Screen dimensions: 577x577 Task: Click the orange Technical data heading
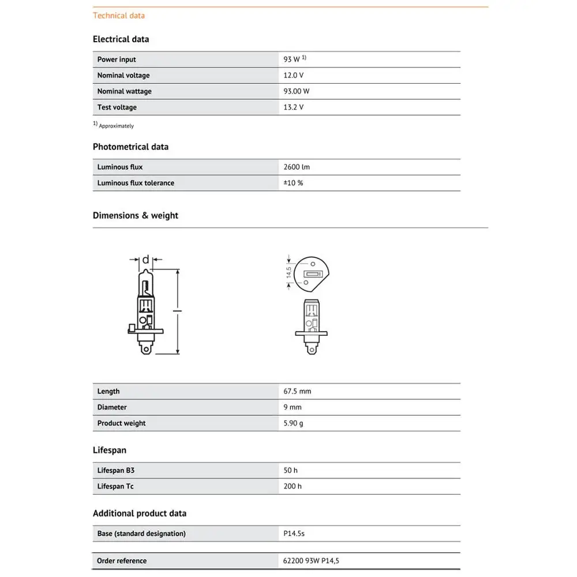click(119, 16)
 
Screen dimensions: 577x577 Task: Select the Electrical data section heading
click(121, 39)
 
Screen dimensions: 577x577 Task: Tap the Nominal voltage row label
click(123, 76)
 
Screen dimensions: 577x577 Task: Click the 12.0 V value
click(293, 76)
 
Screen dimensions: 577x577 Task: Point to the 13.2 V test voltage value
click(293, 107)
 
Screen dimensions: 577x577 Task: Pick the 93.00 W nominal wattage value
click(297, 91)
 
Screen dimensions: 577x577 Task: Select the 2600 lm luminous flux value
click(297, 167)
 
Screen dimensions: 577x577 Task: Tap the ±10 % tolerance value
click(293, 183)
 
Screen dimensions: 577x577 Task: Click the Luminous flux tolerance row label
click(136, 183)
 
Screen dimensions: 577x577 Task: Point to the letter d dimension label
click(145, 259)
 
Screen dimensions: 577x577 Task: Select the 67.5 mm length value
click(297, 391)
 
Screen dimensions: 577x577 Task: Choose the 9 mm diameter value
click(293, 407)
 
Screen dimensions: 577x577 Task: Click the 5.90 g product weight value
click(293, 424)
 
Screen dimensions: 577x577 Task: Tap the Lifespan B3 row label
click(116, 471)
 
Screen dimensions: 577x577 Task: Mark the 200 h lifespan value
click(293, 486)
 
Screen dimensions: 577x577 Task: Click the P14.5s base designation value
click(294, 534)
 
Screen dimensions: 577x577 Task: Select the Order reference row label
click(122, 561)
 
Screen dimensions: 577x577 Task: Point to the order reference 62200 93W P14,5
click(315, 561)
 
